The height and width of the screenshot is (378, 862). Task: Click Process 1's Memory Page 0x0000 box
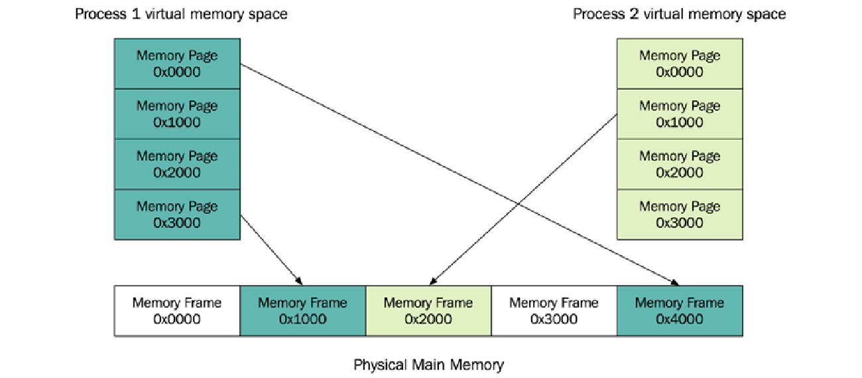(177, 64)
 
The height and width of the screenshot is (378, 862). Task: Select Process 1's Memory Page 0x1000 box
(177, 114)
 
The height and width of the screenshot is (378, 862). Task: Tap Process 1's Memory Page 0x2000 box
(177, 164)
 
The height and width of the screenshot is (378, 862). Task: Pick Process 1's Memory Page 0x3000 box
(177, 214)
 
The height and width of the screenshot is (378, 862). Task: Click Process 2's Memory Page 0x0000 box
(680, 64)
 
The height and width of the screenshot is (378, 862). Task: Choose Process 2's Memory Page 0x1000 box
(680, 114)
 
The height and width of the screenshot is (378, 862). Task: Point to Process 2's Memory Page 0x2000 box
(680, 164)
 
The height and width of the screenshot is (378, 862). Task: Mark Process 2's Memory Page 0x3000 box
(680, 214)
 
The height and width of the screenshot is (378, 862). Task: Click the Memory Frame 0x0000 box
(177, 310)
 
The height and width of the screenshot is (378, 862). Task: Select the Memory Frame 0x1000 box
(302, 310)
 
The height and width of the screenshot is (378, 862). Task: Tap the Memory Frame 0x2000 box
(428, 310)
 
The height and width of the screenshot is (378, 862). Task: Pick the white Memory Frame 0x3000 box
(554, 310)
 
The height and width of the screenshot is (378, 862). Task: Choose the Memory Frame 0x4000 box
(680, 310)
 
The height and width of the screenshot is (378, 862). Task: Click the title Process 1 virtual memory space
(181, 14)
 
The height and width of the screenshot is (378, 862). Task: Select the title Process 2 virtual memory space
(679, 14)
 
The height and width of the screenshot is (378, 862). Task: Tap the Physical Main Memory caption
(428, 365)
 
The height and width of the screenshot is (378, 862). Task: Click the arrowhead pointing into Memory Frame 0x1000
(300, 282)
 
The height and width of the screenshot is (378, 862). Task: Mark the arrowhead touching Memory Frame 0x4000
(676, 282)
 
